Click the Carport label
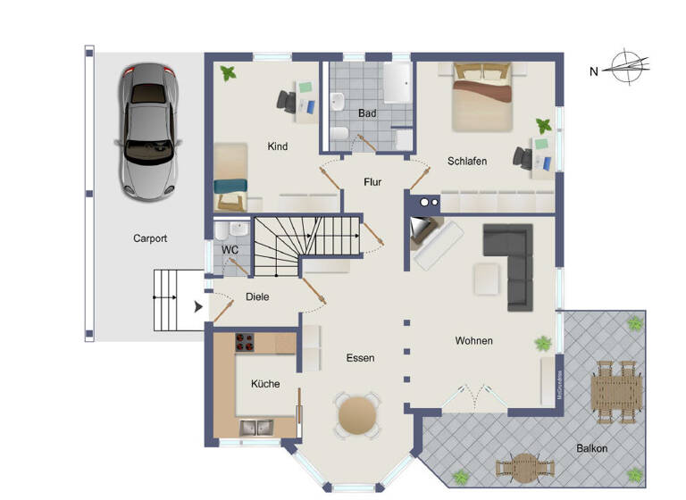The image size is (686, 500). [x=150, y=238]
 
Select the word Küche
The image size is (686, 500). [x=265, y=384]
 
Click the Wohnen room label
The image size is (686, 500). [x=473, y=341]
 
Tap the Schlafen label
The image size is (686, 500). [x=467, y=161]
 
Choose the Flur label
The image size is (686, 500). [x=372, y=182]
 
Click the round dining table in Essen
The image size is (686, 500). [x=357, y=414]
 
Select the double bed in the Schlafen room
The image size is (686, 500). [x=481, y=96]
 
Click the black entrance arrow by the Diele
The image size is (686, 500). [x=198, y=307]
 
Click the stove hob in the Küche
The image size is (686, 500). [x=246, y=342]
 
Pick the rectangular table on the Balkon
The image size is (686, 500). [x=615, y=390]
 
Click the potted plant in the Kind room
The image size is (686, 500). [x=228, y=73]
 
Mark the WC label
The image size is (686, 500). [x=230, y=250]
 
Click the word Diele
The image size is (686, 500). [x=257, y=296]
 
